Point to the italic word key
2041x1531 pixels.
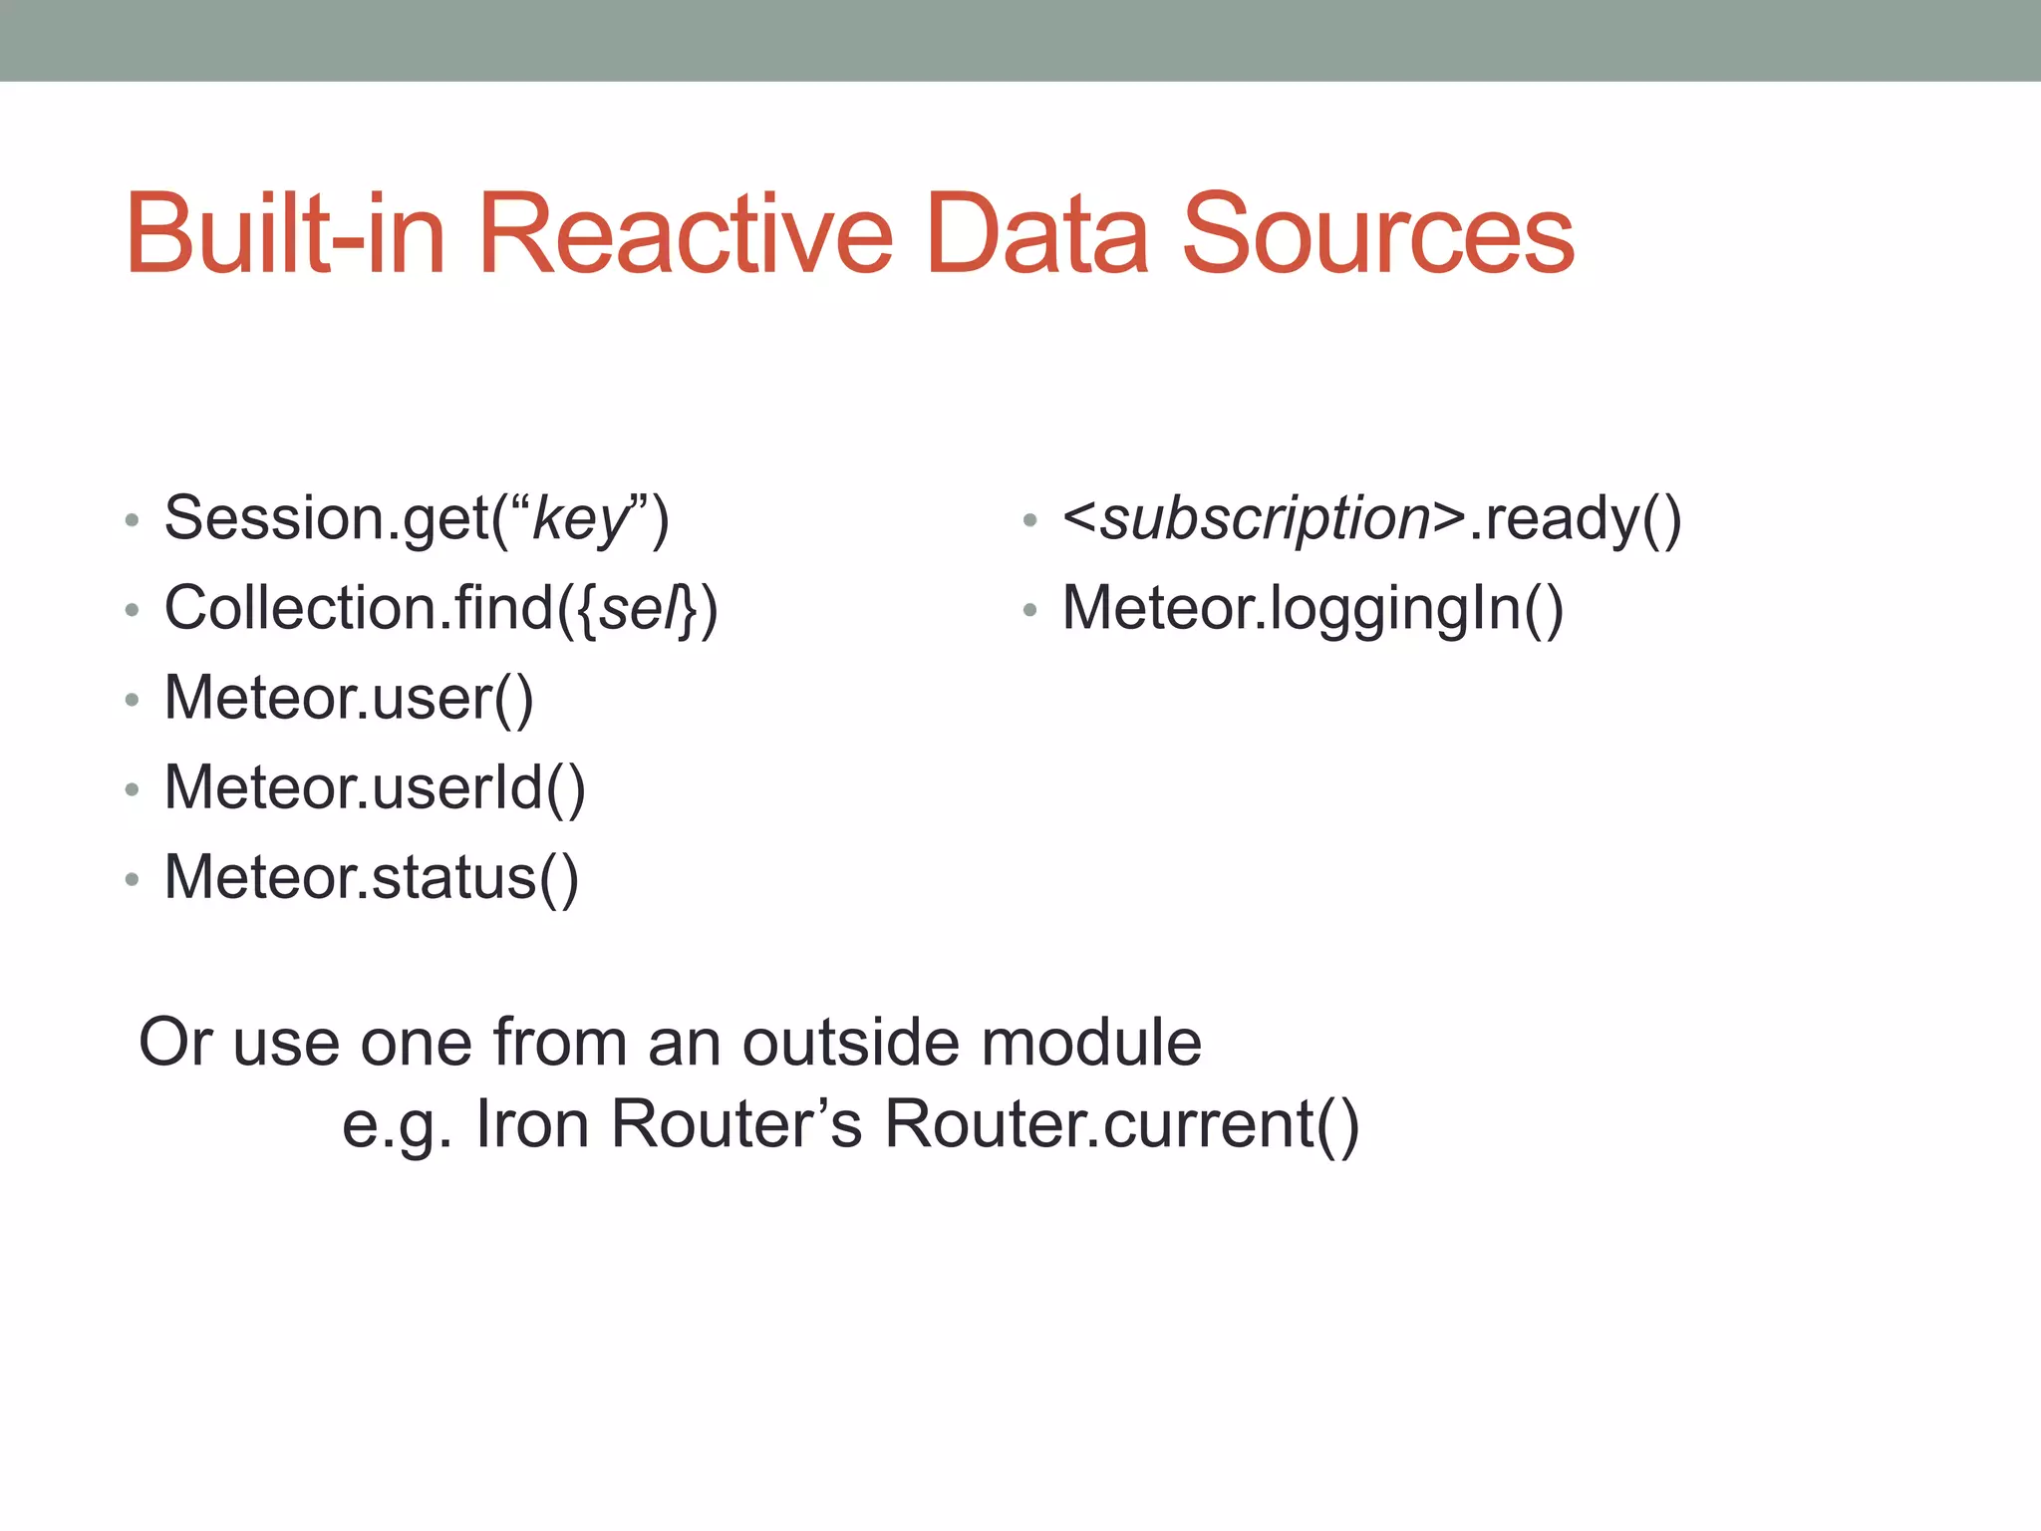click(580, 520)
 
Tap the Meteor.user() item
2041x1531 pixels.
click(349, 698)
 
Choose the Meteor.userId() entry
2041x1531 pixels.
click(375, 787)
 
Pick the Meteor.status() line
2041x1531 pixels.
click(371, 877)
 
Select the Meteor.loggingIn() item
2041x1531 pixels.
click(1312, 608)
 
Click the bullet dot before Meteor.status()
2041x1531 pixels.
click(132, 879)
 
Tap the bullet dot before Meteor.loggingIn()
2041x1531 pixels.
click(1029, 609)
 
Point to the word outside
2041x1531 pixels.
click(850, 1043)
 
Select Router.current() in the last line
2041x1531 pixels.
click(1121, 1124)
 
